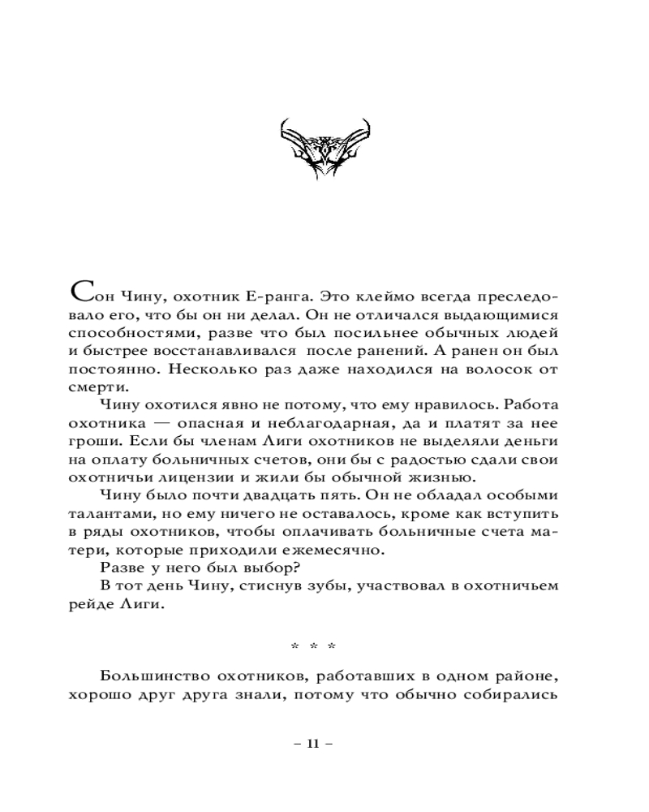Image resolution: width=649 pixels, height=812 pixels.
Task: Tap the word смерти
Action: pos(94,394)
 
